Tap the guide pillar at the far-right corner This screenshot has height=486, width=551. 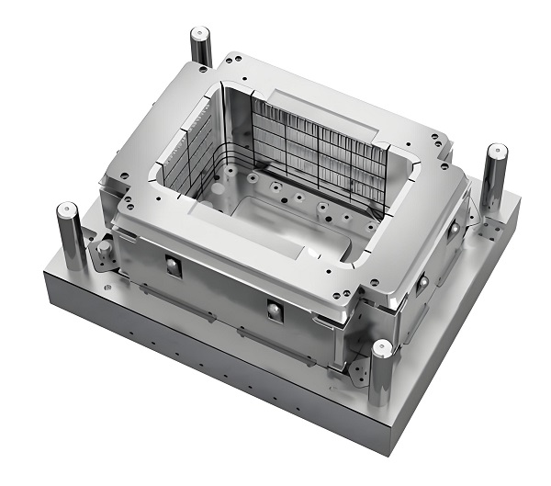coord(494,179)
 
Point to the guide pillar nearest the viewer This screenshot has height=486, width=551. coord(380,377)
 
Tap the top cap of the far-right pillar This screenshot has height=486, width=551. coord(496,152)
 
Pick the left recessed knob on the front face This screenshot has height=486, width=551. coord(173,266)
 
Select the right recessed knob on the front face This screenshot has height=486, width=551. coord(273,311)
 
